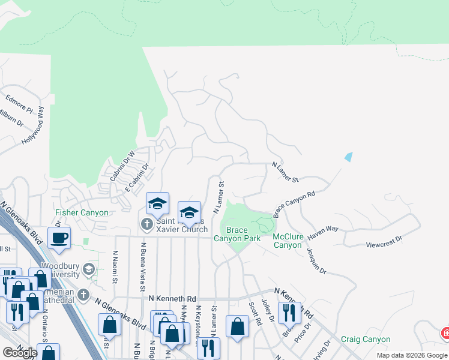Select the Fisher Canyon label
[x=82, y=212]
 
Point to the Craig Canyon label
[x=366, y=339]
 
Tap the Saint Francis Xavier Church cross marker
[x=146, y=224]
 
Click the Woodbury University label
[x=60, y=270]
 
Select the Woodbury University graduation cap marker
[x=89, y=268]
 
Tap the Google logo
[x=20, y=353]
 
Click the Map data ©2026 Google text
[x=412, y=355]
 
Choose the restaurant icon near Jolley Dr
[x=289, y=312]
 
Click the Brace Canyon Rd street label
[x=294, y=204]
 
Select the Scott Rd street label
[x=256, y=313]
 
